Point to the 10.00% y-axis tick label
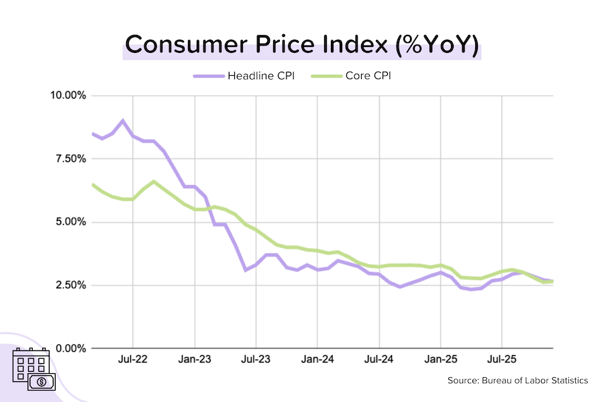pos(68,95)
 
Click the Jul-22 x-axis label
pos(133,359)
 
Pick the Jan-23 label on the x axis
pos(195,359)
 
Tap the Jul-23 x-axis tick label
pos(256,359)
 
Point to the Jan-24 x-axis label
pos(317,359)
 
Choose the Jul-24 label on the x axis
pos(379,359)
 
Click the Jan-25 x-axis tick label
pos(440,359)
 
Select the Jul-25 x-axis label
pos(501,359)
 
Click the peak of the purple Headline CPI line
pos(122,121)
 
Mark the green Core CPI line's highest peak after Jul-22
pos(154,182)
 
